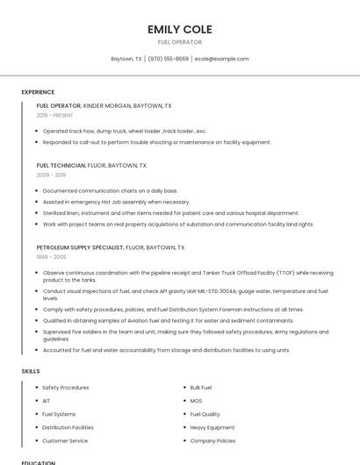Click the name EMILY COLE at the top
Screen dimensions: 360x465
pyautogui.click(x=179, y=29)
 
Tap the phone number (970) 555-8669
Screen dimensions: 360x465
pyautogui.click(x=168, y=59)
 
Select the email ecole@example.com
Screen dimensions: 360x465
pyautogui.click(x=221, y=59)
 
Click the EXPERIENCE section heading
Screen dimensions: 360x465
pyautogui.click(x=38, y=92)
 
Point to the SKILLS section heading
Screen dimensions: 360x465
pyautogui.click(x=31, y=371)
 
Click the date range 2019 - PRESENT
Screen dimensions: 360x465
pyautogui.click(x=54, y=115)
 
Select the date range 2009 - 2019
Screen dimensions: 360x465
pyautogui.click(x=51, y=175)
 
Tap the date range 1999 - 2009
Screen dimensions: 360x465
pyautogui.click(x=51, y=257)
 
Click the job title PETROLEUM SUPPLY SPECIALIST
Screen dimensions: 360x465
pyautogui.click(x=80, y=247)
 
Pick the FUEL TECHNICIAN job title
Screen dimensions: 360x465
pyautogui.click(x=61, y=165)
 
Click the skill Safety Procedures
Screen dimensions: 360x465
pyautogui.click(x=65, y=387)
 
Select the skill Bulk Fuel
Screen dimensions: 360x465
pyautogui.click(x=201, y=387)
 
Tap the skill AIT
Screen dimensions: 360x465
pyautogui.click(x=47, y=400)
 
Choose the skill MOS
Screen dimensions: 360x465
pyautogui.click(x=196, y=400)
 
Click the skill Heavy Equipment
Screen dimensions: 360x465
pyautogui.click(x=212, y=427)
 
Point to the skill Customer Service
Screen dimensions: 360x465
pyautogui.click(x=65, y=440)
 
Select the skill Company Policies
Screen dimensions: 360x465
pyautogui.click(x=212, y=440)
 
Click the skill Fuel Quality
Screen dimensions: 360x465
pyautogui.click(x=205, y=414)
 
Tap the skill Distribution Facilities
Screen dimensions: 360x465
pyautogui.click(x=68, y=427)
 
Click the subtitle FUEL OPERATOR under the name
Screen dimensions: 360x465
pyautogui.click(x=179, y=42)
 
